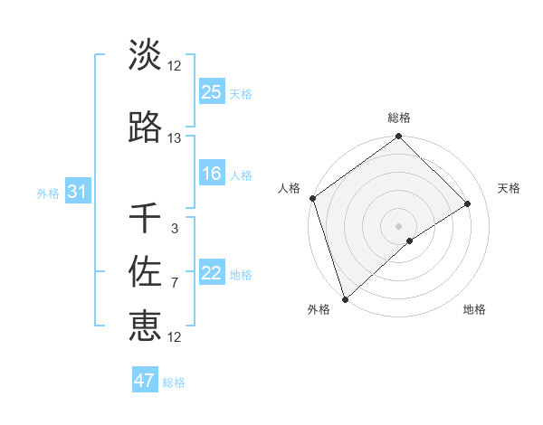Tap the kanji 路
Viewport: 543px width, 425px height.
[x=145, y=127]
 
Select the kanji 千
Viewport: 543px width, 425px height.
[x=145, y=218]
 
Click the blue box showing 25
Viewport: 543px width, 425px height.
[x=212, y=91]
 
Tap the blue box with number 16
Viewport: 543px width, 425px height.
[x=212, y=175]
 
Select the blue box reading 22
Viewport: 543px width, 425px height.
[x=212, y=273]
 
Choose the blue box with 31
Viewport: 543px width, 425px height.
[x=77, y=192]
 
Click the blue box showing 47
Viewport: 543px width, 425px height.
[x=145, y=381]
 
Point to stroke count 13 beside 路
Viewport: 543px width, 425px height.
[x=175, y=138]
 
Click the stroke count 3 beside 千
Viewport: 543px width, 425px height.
[x=175, y=229]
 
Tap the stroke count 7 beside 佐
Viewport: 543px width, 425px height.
[x=175, y=283]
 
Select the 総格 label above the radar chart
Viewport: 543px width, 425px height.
[x=398, y=118]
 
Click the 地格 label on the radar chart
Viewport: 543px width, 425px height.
[x=474, y=310]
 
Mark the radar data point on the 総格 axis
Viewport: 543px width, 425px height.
[x=398, y=137]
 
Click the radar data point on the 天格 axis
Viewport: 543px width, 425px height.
[x=468, y=203]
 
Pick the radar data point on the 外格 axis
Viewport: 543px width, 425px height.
[x=344, y=298]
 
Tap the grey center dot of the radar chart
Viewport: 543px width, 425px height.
[x=398, y=225]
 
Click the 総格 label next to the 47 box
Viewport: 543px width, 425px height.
[x=174, y=382]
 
